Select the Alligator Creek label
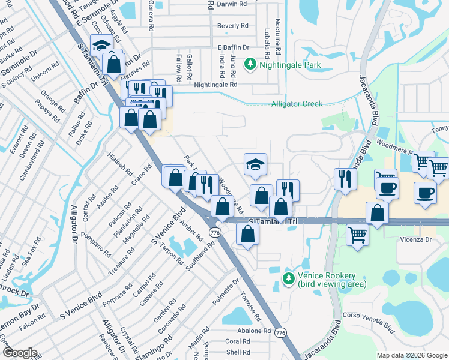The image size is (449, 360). point(297,104)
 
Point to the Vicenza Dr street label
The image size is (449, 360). point(416,239)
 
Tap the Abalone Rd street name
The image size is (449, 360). point(253,331)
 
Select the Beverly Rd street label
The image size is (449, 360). point(232,26)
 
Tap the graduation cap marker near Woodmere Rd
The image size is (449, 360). point(255,165)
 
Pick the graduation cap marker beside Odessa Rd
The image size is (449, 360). point(101,46)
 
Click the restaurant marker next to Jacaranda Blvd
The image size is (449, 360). point(345,179)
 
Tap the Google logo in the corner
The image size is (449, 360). point(20,352)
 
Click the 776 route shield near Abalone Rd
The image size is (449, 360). point(280,332)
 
